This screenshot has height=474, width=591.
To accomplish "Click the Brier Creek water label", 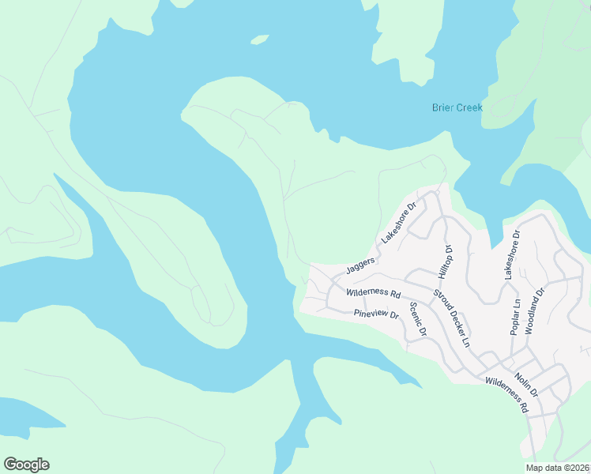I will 457,107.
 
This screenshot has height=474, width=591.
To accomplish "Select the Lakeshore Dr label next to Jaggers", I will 398,223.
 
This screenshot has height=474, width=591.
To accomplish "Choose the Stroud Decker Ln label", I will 451,318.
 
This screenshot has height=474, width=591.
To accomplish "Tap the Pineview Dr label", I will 377,314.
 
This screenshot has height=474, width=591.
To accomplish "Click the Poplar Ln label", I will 515,317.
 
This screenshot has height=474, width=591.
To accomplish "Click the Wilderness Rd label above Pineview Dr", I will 374,292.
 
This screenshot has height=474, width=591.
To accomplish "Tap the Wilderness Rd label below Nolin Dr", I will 506,395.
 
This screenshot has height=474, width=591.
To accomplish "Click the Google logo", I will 26,465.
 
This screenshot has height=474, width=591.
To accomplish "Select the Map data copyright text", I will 557,468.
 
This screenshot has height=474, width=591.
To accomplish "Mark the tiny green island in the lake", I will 259,39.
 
